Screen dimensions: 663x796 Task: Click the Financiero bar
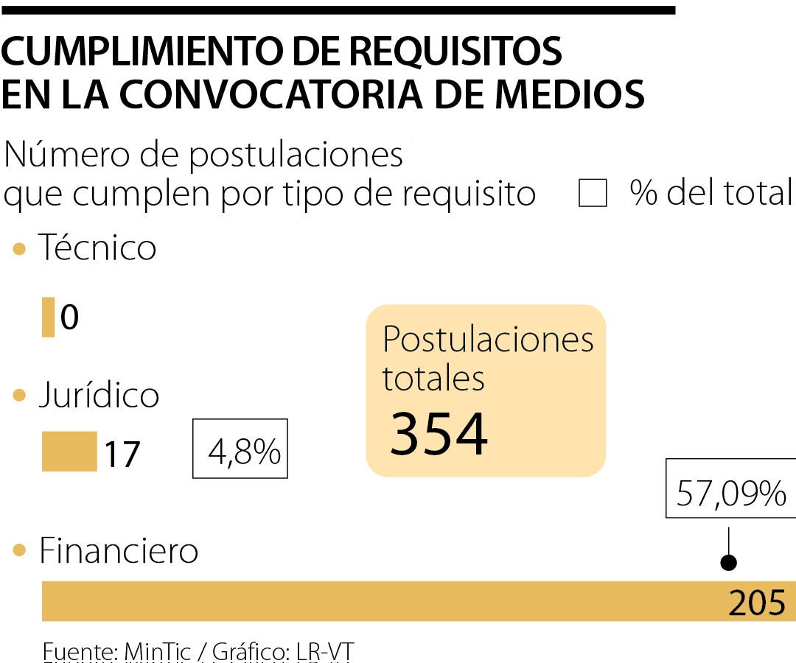click(383, 601)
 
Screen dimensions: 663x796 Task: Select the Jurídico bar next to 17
click(69, 452)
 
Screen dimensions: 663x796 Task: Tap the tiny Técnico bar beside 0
click(48, 317)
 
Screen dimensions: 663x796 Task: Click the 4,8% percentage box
click(240, 449)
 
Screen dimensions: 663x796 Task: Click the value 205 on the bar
click(757, 603)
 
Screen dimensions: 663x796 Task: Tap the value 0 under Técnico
click(69, 318)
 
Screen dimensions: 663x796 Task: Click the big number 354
click(439, 435)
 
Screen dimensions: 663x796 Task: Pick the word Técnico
click(97, 248)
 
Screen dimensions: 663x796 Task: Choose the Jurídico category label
click(99, 395)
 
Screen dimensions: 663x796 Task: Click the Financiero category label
click(119, 550)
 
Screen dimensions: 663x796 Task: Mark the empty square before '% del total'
click(593, 194)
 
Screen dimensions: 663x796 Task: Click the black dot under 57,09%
click(729, 564)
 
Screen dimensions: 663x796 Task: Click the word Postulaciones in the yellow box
click(488, 340)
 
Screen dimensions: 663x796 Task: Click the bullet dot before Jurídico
click(20, 396)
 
